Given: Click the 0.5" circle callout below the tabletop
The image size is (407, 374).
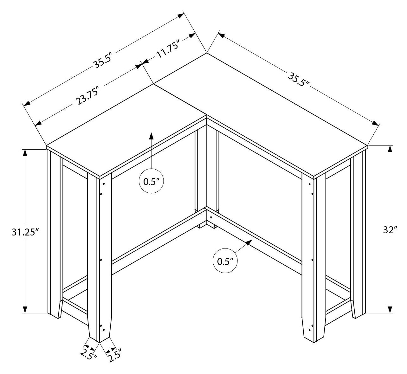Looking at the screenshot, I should tap(151, 182).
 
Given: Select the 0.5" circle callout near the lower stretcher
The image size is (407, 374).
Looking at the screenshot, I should tap(225, 261).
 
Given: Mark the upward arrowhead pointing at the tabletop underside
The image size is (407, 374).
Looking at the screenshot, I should tap(151, 136).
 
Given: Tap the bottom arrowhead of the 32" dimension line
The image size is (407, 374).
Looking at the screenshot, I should tap(390, 309).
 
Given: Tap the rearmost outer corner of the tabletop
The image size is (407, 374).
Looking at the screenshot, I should tap(207, 53).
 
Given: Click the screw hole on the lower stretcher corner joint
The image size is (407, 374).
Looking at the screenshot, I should tap(211, 217).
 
